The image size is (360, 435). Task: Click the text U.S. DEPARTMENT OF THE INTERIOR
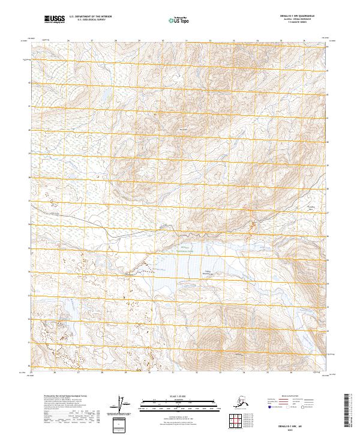89,17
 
